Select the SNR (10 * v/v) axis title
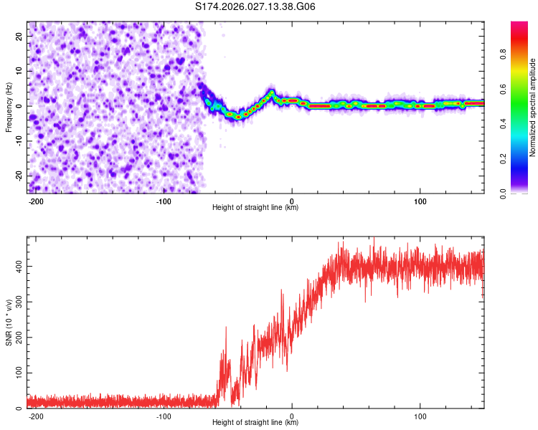tap(9, 322)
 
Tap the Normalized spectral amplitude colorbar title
tap(533, 108)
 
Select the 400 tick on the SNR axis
tap(17, 266)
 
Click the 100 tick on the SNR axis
tap(17, 373)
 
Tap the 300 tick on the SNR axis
tap(17, 302)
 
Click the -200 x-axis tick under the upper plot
tap(36, 201)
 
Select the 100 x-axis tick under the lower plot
tap(420, 416)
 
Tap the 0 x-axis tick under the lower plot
tap(292, 416)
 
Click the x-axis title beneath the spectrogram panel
tap(255, 208)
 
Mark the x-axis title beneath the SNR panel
tap(255, 423)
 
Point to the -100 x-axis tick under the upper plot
tap(164, 201)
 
